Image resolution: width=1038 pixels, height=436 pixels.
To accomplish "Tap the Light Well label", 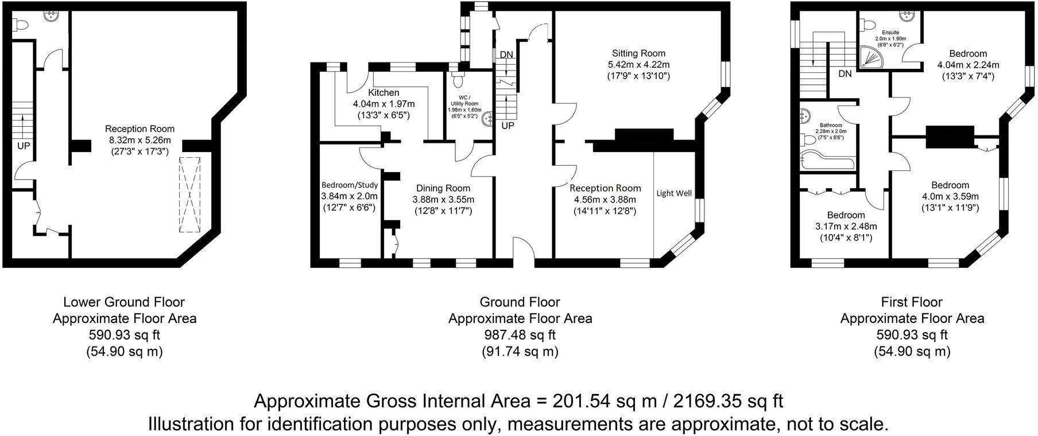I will coord(674,193).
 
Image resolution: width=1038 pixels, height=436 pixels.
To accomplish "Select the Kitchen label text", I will coord(384,93).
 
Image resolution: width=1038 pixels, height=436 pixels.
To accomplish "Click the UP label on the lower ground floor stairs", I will coord(24,146).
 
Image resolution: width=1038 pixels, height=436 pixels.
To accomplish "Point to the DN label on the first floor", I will coord(845,74).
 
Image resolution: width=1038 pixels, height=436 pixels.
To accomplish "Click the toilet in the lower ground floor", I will coord(21,26).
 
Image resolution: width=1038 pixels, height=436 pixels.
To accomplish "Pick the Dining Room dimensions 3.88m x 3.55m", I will coord(443,199).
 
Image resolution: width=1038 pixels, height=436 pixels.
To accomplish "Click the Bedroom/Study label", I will coord(349,185).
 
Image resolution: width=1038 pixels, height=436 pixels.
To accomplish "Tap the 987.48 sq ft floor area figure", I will coord(520,335).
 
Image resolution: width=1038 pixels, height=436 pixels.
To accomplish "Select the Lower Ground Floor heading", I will coord(124,302).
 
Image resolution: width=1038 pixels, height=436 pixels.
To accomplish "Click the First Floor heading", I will coord(912,302).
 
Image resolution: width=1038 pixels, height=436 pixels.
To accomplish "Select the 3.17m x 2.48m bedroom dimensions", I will coord(846,227).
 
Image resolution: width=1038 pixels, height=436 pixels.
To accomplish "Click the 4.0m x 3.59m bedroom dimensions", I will coord(950,196).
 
